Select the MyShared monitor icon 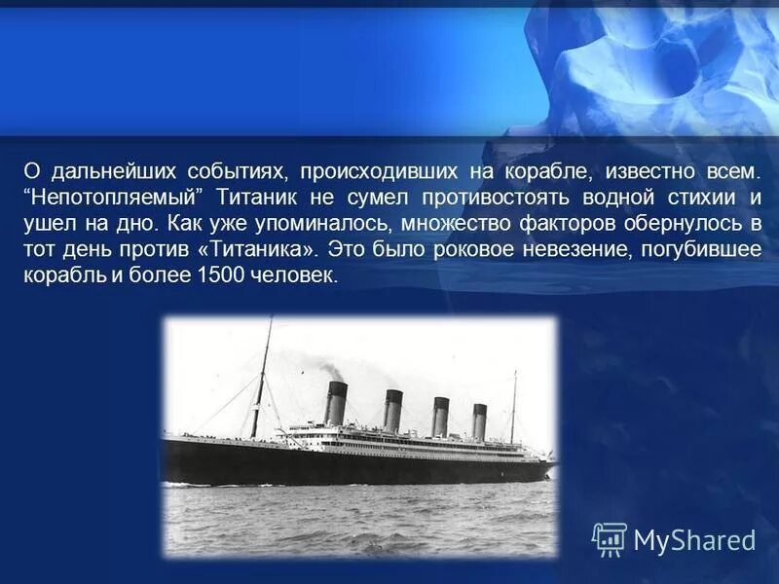click(x=610, y=538)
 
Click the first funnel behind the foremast click(x=336, y=404)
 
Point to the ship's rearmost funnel click(x=479, y=421)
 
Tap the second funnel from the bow click(x=392, y=410)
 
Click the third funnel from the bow click(x=440, y=416)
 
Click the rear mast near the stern click(x=513, y=409)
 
